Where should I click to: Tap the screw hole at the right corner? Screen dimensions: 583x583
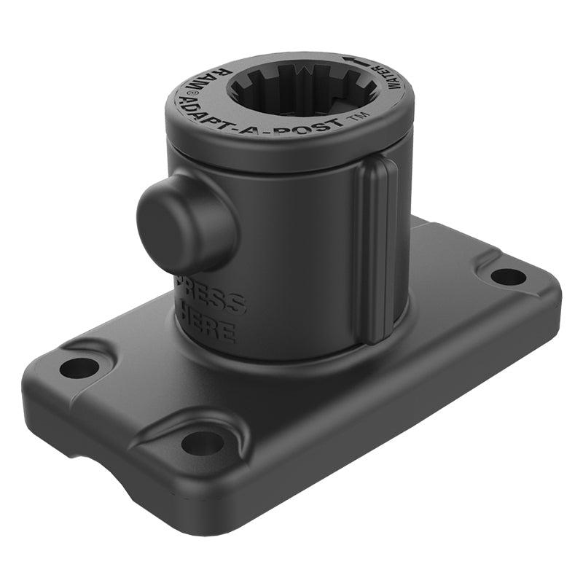(508, 277)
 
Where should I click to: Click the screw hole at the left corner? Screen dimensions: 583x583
(79, 367)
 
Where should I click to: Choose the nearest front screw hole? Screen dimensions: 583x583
(203, 442)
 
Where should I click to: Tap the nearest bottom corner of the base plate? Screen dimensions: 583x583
(219, 510)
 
